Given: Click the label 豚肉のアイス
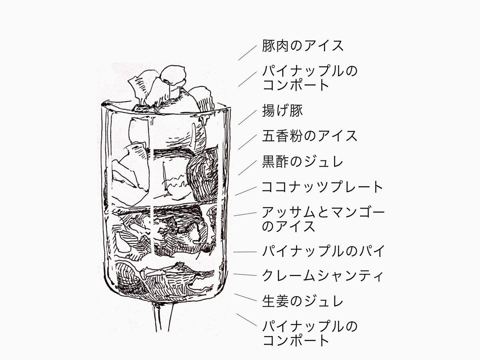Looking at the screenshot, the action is [302, 46].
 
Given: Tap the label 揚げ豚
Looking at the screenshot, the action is [282, 110].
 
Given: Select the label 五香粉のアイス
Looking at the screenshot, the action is [309, 136].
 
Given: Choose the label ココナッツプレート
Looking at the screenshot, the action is [322, 187].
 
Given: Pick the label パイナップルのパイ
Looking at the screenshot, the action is [323, 252].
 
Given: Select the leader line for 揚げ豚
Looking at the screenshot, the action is [247, 118].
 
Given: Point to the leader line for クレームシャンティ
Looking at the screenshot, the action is [244, 275].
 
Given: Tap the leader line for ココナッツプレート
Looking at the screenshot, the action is [246, 191].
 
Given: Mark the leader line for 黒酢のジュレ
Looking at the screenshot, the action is [247, 168].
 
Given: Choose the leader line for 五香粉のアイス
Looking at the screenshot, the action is [247, 142].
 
